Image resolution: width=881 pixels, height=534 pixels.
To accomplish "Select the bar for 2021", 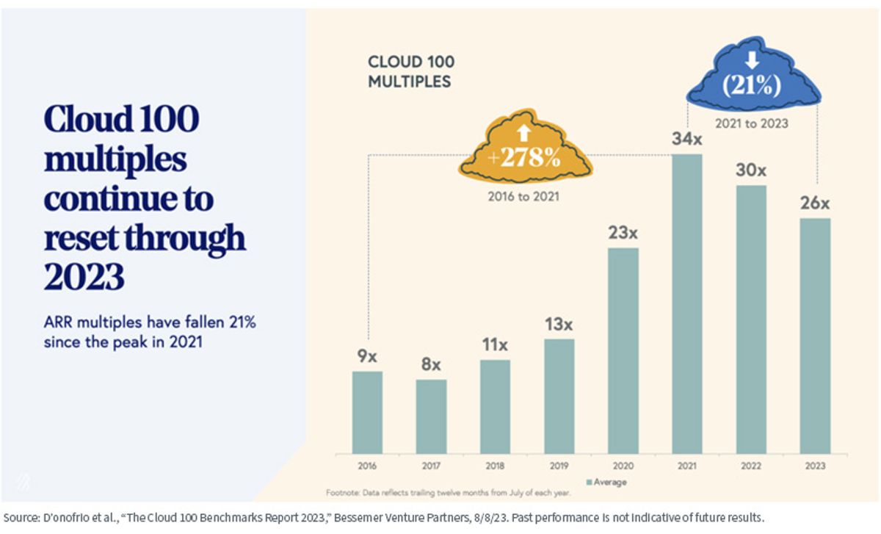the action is [x=686, y=304].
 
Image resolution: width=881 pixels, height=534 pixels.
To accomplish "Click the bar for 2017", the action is [x=431, y=416].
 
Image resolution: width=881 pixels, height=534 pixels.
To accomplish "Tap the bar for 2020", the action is [x=623, y=351].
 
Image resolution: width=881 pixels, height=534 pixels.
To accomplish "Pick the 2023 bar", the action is [x=815, y=336].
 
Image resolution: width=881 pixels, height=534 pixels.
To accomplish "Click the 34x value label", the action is [x=686, y=139].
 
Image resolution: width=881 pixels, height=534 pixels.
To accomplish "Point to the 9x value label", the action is [x=367, y=356].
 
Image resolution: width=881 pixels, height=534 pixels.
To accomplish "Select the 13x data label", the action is [x=559, y=324].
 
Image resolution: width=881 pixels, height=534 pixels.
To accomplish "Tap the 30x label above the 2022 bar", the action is [x=751, y=170].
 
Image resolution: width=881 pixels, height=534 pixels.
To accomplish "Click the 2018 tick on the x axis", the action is [x=495, y=466].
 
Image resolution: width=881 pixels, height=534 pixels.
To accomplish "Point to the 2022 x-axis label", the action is [x=751, y=466].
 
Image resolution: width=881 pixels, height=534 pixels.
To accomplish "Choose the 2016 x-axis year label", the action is [x=367, y=466].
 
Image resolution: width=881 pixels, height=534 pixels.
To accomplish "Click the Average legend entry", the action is [x=606, y=482].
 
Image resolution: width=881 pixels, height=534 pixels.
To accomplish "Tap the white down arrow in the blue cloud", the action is [x=752, y=61].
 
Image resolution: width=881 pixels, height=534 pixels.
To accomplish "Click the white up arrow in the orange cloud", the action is [x=524, y=133].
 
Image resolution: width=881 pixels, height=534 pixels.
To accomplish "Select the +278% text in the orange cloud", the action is [x=524, y=158].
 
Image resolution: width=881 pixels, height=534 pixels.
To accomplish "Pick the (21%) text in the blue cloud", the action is [x=752, y=85].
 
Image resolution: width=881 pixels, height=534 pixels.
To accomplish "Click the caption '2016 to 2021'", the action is [x=523, y=196].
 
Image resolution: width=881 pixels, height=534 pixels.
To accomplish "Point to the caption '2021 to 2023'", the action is [x=752, y=123].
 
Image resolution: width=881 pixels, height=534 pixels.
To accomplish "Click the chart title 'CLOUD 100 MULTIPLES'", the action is [x=411, y=72].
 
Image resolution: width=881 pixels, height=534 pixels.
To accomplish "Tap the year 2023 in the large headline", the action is [x=84, y=277].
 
